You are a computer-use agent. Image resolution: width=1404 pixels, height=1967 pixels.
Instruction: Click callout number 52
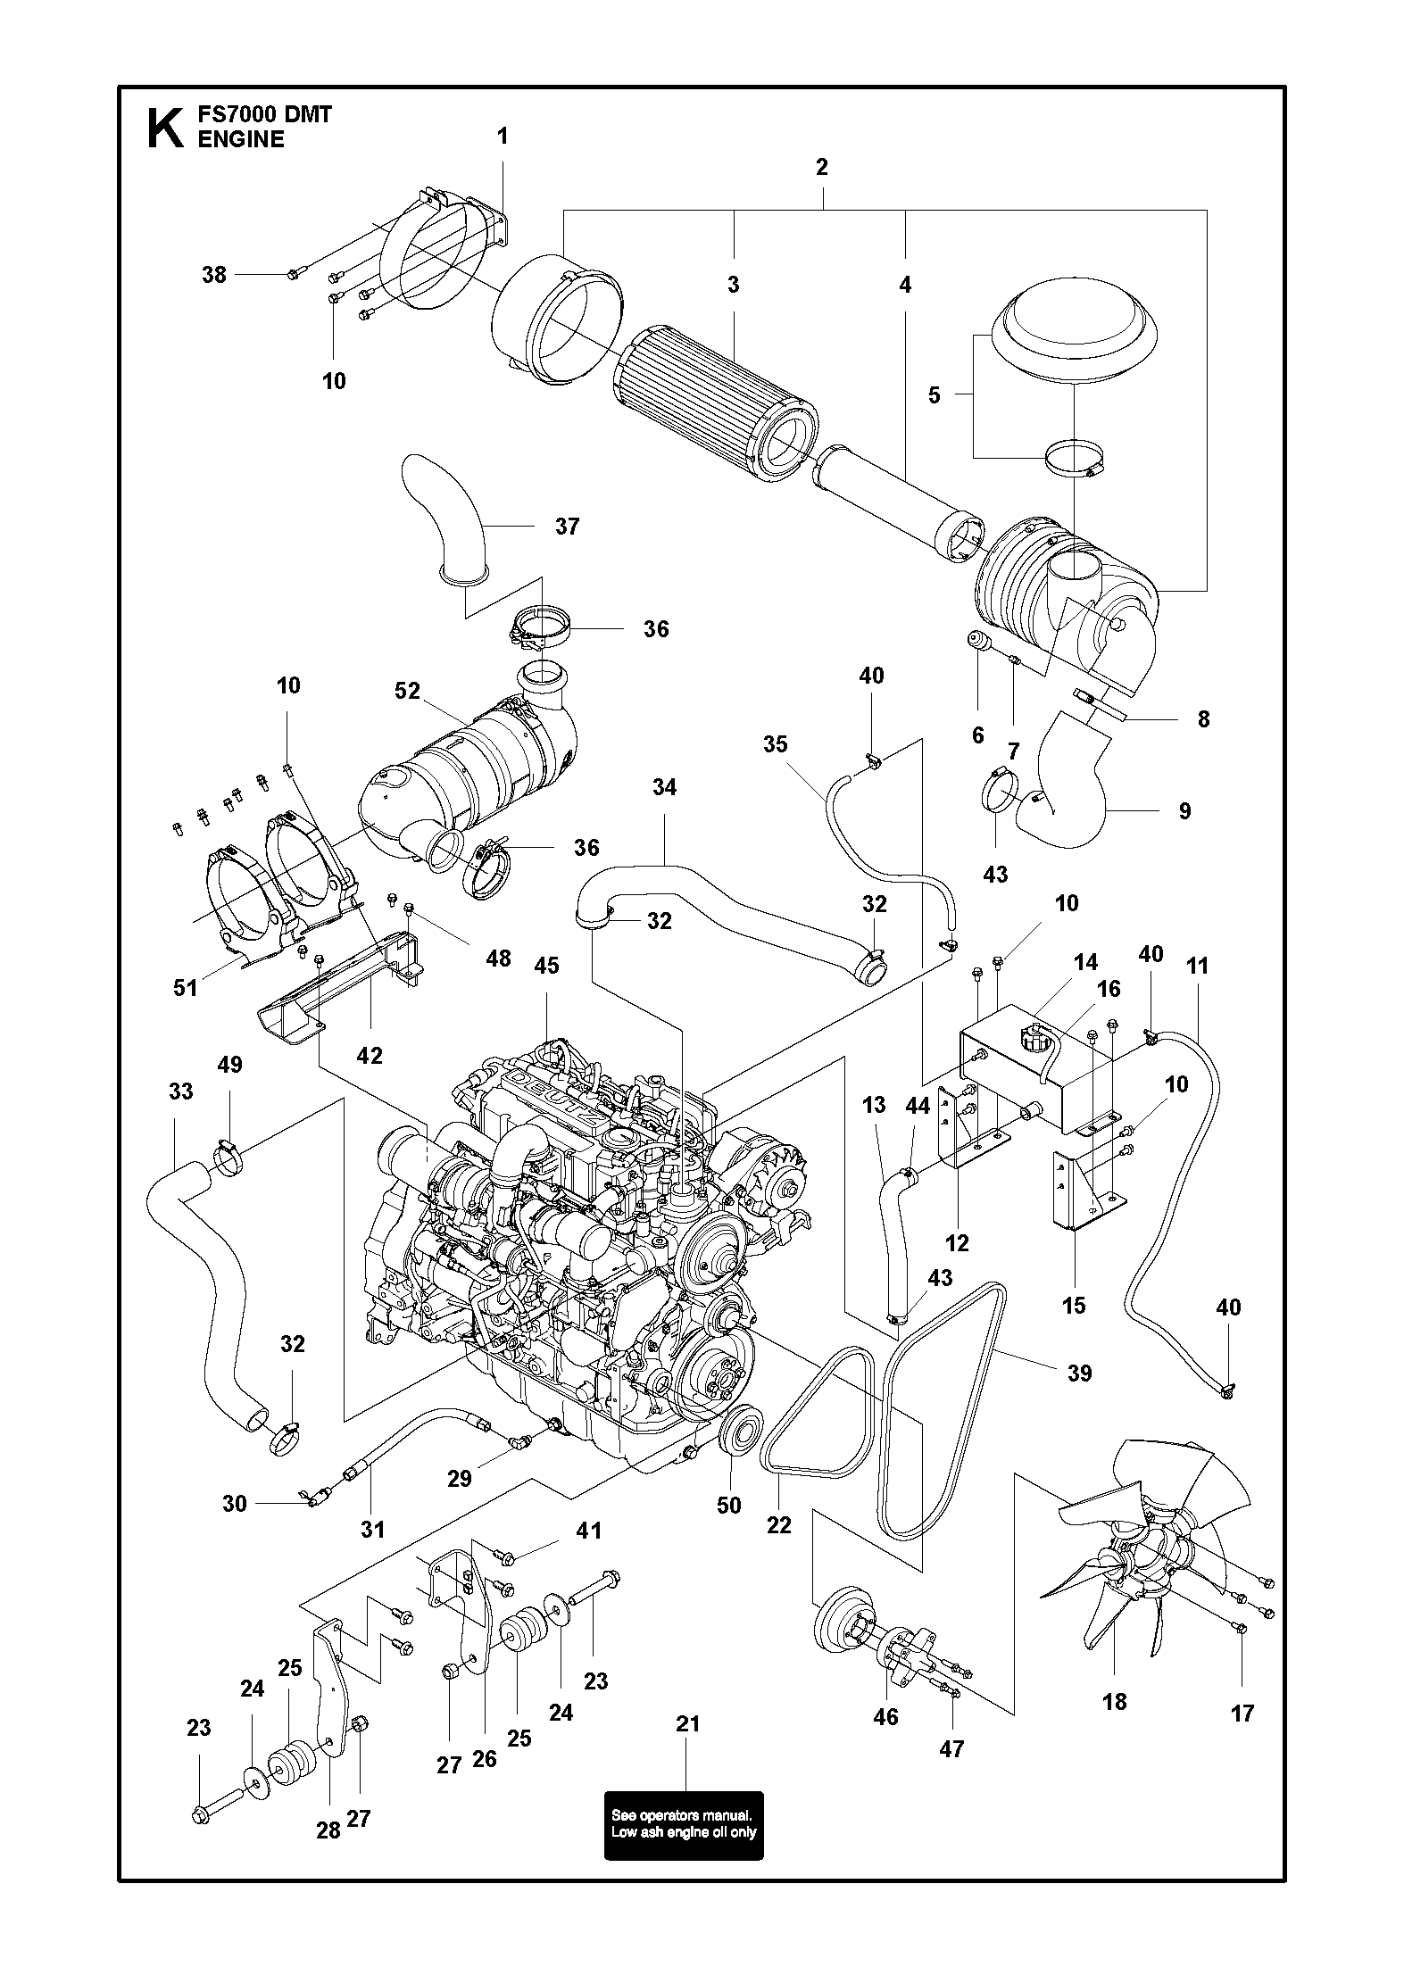(x=407, y=692)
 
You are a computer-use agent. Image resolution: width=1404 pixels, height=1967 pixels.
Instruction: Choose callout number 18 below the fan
(x=1114, y=1701)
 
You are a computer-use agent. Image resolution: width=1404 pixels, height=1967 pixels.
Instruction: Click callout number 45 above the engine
(x=546, y=966)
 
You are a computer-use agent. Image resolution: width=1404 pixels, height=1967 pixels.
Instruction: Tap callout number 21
(x=687, y=1724)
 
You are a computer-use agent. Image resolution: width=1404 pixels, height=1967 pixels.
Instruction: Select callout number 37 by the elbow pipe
(x=567, y=527)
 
